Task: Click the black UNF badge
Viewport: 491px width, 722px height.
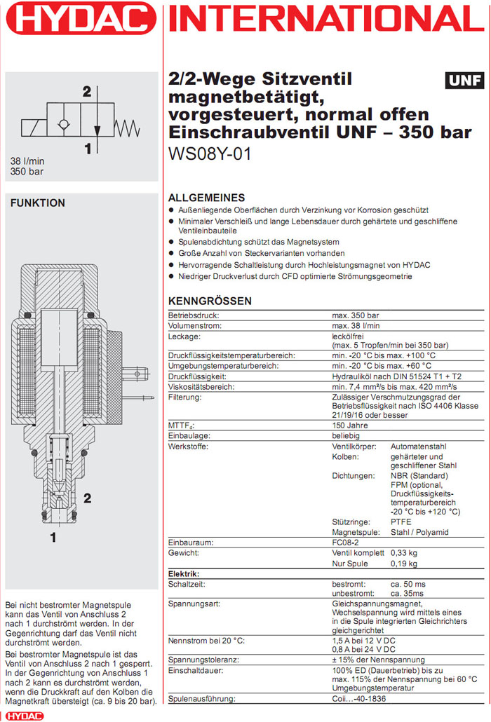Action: [465, 81]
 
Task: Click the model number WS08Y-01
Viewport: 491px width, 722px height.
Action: [210, 153]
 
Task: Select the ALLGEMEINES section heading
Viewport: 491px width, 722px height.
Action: [207, 198]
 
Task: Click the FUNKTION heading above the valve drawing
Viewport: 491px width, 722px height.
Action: [38, 203]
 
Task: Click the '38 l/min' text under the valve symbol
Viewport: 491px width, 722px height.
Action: [27, 161]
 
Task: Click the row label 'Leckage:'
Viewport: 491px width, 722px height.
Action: [184, 336]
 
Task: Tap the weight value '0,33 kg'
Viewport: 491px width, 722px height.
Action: [404, 553]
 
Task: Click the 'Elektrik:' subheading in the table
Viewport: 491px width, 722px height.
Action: [184, 573]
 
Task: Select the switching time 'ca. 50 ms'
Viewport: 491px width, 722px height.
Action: [408, 583]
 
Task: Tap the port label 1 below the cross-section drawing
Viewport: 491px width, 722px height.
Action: [53, 538]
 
